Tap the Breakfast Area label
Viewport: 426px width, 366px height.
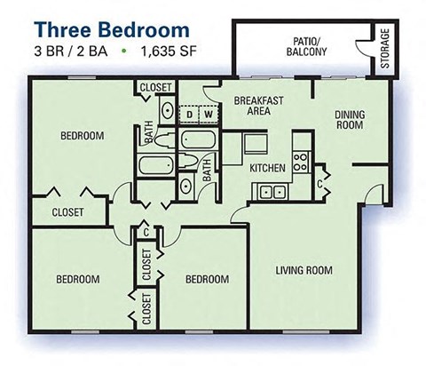click(258, 107)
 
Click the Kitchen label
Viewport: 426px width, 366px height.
click(267, 167)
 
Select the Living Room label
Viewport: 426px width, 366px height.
click(303, 270)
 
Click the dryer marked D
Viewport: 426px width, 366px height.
click(188, 115)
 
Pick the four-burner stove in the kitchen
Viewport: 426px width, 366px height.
click(300, 162)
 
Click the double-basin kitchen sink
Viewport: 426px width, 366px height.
click(271, 191)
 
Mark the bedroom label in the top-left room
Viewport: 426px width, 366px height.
click(82, 136)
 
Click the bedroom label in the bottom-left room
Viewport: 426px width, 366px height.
click(77, 279)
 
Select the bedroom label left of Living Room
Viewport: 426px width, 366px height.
click(207, 279)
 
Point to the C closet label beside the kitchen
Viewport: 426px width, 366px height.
click(319, 184)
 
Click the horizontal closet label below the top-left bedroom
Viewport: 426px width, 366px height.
click(67, 212)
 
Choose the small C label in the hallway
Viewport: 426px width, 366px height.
click(146, 232)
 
